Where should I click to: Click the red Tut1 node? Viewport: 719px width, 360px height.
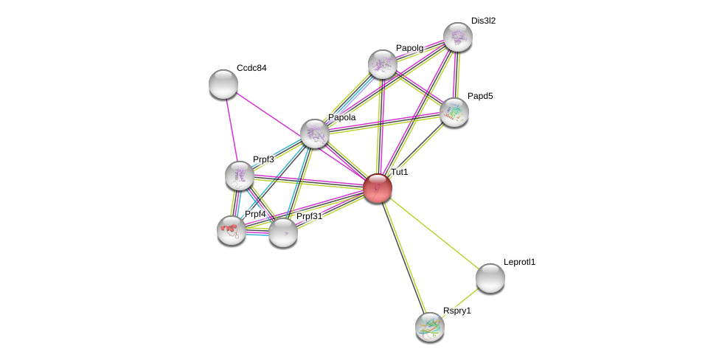[377, 188]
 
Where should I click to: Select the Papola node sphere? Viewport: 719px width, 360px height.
[315, 134]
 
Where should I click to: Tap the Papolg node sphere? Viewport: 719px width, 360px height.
[383, 64]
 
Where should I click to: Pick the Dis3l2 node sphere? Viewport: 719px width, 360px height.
[457, 37]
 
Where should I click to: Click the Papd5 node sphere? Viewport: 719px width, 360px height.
[454, 111]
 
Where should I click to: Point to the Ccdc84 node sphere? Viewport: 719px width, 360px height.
[223, 84]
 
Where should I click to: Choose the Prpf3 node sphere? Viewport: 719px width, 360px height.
[240, 176]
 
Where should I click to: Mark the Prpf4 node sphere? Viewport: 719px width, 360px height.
[232, 230]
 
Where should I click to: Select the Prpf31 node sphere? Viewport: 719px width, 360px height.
[283, 232]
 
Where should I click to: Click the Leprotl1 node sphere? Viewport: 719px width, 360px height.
[490, 278]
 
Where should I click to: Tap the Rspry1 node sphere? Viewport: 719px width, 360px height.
[430, 327]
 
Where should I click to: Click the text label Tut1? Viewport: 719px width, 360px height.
[399, 172]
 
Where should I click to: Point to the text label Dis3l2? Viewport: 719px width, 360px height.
[483, 21]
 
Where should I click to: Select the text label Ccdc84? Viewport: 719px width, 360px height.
[251, 68]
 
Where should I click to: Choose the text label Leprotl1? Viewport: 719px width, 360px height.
[519, 262]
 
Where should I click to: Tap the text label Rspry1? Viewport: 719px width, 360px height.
[456, 311]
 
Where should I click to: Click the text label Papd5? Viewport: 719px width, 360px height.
[480, 96]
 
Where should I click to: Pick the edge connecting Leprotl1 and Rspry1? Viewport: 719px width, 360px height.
[460, 302]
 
